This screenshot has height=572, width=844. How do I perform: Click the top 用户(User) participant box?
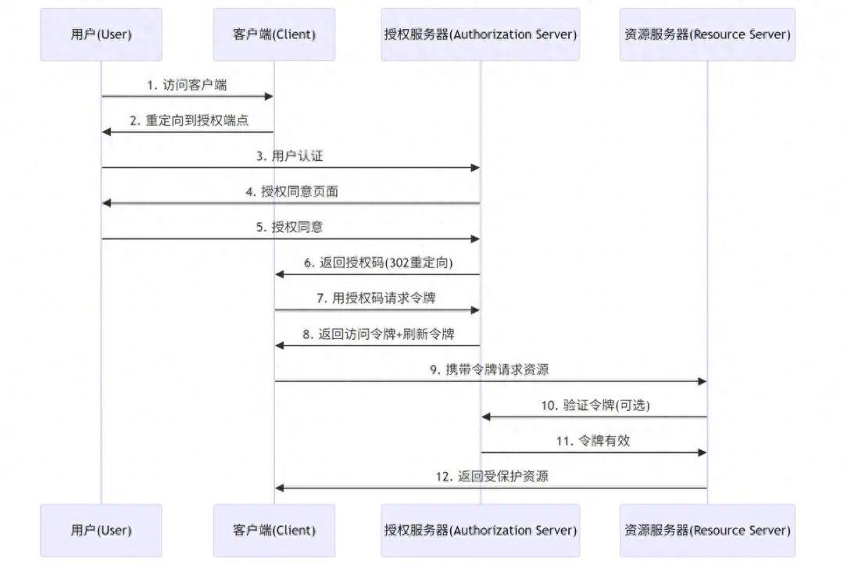[101, 34]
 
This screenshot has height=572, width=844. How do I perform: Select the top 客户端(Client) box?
[274, 34]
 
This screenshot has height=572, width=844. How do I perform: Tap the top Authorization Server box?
[481, 34]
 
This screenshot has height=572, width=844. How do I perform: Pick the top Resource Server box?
[707, 34]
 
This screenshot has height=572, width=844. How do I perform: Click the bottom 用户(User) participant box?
[101, 530]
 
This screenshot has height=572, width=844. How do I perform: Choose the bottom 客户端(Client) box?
[274, 530]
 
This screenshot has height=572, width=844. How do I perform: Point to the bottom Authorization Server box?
[481, 530]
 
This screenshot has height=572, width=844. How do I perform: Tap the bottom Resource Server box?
[707, 530]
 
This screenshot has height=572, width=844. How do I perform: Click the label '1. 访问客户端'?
[188, 85]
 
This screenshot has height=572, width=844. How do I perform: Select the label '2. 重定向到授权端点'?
[188, 120]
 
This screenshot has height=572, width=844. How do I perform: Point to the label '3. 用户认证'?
[290, 156]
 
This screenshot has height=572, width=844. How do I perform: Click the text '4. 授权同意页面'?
[290, 191]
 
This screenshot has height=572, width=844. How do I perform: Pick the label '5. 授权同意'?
[290, 227]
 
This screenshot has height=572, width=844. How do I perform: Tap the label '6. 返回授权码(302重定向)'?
[377, 263]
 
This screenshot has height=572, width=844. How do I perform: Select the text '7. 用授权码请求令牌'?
[377, 299]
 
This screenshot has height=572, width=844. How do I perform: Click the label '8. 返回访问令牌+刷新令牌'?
[377, 334]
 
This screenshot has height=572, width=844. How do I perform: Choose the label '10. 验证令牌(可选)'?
[595, 405]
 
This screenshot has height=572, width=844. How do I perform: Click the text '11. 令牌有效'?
[594, 441]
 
